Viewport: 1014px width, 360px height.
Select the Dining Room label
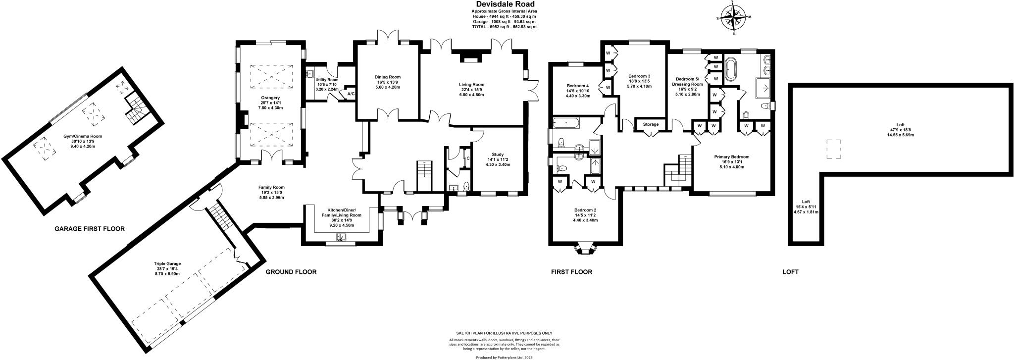click(387, 77)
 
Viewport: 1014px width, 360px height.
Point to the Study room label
click(497, 154)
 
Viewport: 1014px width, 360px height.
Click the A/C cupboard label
click(351, 94)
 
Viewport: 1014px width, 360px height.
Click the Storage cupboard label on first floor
click(651, 124)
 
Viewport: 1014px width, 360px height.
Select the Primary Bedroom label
click(731, 157)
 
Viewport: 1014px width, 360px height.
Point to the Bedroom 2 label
click(585, 210)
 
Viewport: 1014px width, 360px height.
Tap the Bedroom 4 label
click(577, 86)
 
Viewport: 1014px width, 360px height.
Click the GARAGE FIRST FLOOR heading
click(89, 229)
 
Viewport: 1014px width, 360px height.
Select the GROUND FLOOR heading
click(291, 272)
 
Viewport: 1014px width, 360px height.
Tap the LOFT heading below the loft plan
click(790, 272)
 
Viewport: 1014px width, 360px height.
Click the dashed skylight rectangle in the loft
click(833, 150)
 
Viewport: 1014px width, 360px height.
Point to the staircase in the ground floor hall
click(424, 176)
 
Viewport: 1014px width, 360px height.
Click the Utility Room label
click(327, 80)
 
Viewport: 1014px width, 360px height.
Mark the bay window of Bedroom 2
click(585, 249)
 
